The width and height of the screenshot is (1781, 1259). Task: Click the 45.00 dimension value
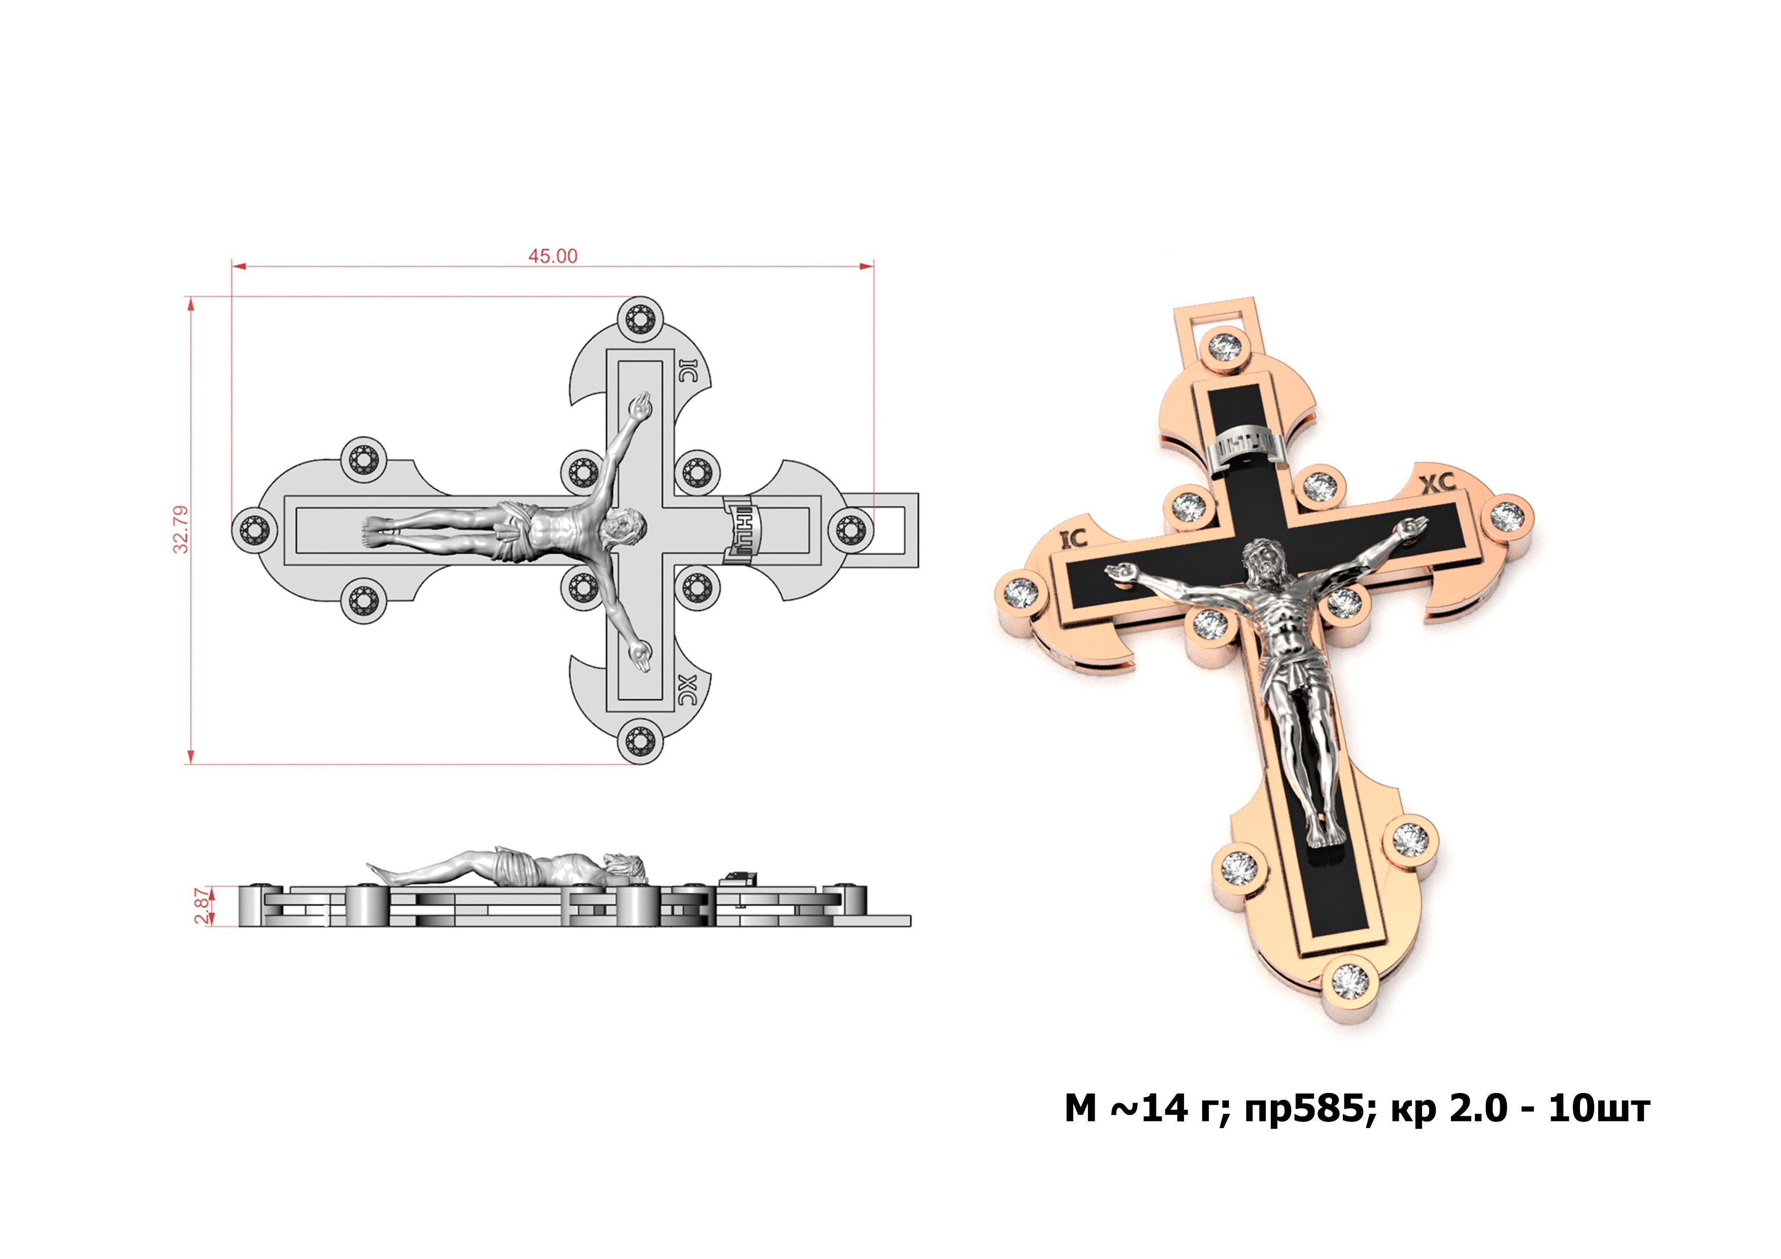pyautogui.click(x=552, y=256)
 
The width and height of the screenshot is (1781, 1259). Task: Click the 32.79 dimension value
pyautogui.click(x=180, y=529)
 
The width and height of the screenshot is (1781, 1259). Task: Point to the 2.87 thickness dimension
pyautogui.click(x=202, y=906)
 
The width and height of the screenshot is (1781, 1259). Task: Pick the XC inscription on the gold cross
pyautogui.click(x=1437, y=484)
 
